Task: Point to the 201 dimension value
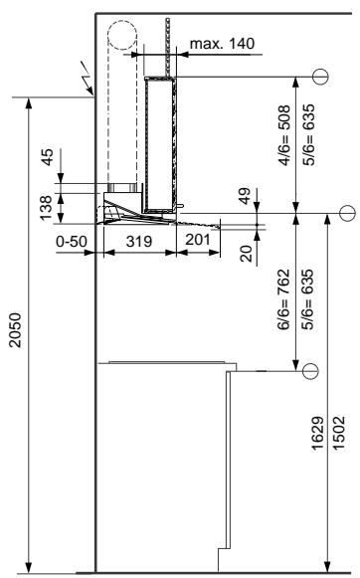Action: tap(196, 239)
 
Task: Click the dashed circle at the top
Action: tap(123, 40)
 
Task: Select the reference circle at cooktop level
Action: tap(310, 370)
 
